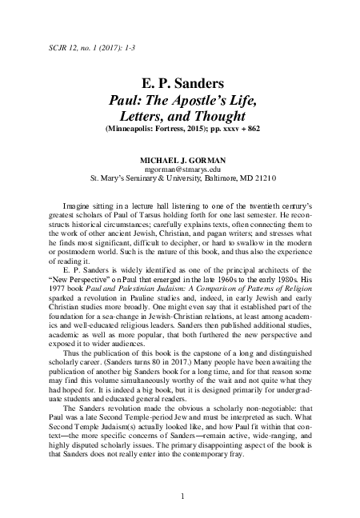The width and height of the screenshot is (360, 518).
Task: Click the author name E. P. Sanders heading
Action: (x=180, y=83)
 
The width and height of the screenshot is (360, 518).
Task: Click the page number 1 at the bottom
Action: (x=183, y=496)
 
